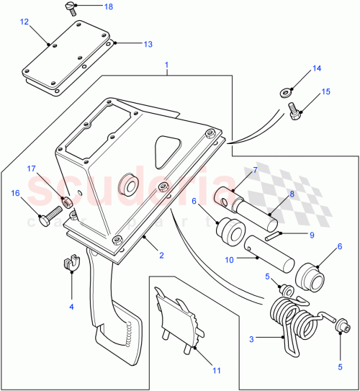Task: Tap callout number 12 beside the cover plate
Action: (x=24, y=22)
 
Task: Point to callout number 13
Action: (x=147, y=45)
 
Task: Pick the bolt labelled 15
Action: (x=294, y=109)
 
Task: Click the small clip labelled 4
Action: (x=72, y=264)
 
